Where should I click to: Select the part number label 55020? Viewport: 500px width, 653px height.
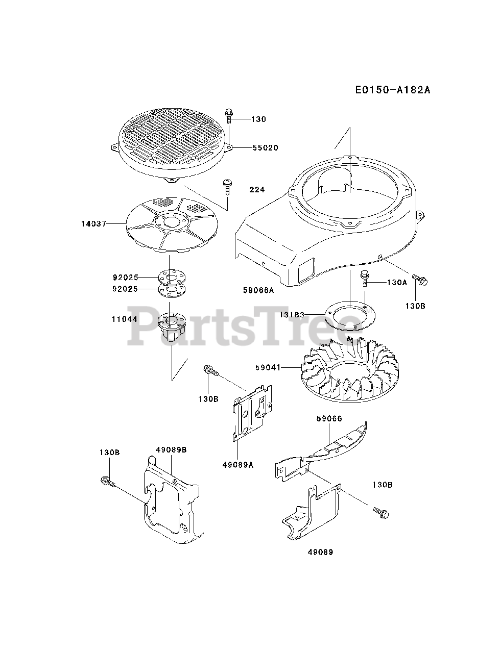point(265,148)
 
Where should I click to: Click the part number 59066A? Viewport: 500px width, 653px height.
point(258,290)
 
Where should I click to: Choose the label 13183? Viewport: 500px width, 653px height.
point(292,315)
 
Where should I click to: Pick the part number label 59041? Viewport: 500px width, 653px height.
point(268,367)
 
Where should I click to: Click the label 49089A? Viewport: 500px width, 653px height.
point(238,465)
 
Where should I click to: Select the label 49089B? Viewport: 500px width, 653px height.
point(171,450)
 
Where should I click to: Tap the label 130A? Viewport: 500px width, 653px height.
point(396,282)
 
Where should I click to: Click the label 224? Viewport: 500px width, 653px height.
point(257,190)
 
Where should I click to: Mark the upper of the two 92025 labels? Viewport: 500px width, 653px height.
point(126,278)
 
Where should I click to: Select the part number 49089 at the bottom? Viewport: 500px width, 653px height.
point(321,552)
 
